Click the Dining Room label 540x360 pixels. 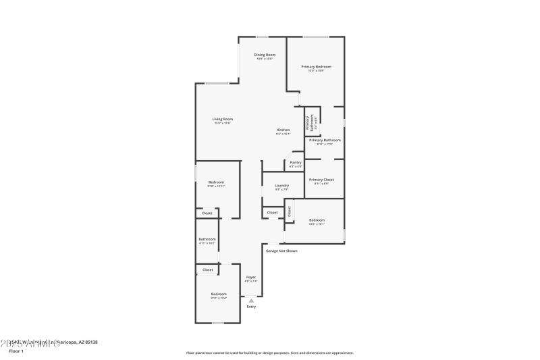tap(265, 55)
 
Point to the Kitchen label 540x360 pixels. tap(283, 130)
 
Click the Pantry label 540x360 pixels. tap(296, 162)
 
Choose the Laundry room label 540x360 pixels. tap(282, 185)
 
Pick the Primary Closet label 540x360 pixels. tap(322, 179)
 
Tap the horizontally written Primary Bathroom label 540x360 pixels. tap(325, 140)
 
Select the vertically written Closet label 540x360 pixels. tap(289, 211)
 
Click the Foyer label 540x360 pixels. tap(250, 277)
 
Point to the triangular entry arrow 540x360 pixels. tap(251, 300)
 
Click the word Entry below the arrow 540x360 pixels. tap(251, 307)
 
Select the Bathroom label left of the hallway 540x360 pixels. tap(207, 239)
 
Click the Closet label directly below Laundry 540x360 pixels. tap(272, 213)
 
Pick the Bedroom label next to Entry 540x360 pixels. tap(219, 294)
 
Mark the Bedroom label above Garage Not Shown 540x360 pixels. tap(317, 220)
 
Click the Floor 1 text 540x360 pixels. tap(16, 351)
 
